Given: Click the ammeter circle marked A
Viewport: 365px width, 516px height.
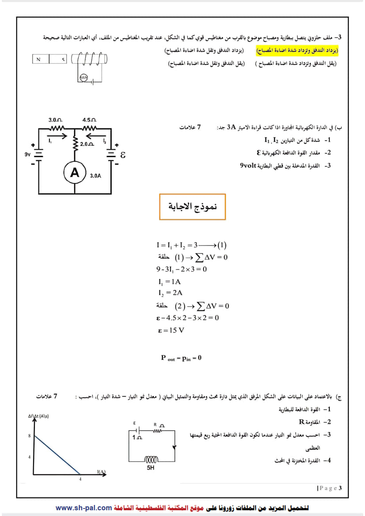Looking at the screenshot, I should click(x=75, y=173).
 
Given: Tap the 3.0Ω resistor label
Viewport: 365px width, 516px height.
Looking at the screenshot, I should click(x=55, y=120).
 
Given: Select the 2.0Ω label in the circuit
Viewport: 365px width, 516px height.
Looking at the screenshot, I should click(x=87, y=144).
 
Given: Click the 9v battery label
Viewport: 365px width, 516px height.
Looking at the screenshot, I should click(x=28, y=154).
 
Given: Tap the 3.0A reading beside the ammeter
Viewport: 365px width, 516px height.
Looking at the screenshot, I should click(x=95, y=176).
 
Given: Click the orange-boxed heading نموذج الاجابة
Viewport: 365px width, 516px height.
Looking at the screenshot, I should click(x=192, y=207).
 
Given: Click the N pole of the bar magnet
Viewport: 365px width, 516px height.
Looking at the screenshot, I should click(x=39, y=59).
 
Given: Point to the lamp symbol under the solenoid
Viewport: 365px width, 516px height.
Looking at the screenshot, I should click(x=83, y=78).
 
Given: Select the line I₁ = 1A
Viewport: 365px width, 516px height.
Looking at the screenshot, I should click(x=169, y=282).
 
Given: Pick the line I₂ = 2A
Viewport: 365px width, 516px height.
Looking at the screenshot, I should click(x=170, y=293).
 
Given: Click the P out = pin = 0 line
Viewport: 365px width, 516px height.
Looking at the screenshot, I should click(x=181, y=358).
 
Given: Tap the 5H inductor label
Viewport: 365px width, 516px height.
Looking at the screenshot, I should click(x=151, y=468).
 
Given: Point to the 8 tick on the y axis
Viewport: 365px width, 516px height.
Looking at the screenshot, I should click(x=29, y=436).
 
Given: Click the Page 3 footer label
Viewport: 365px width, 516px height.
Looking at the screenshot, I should click(x=329, y=488).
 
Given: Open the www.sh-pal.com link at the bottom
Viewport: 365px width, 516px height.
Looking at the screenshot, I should click(x=83, y=508).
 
